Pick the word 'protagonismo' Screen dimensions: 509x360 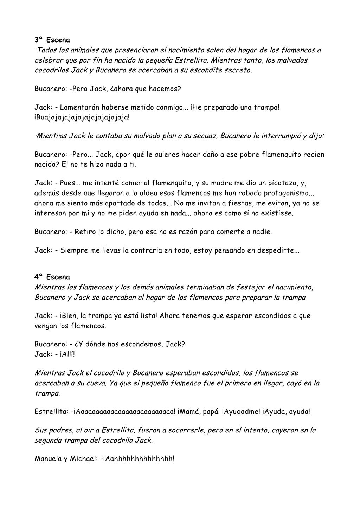pos(282,193)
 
